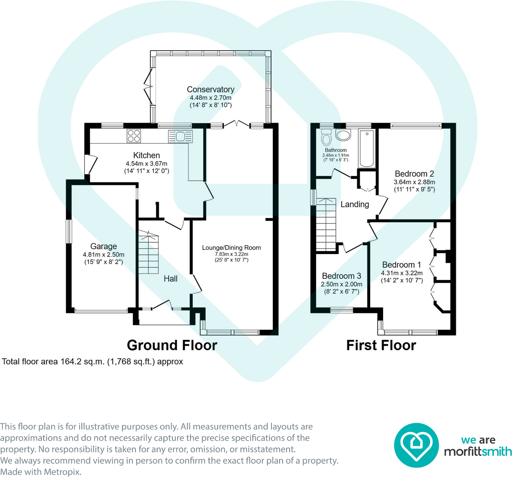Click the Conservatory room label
(210, 89)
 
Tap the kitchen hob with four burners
(134, 136)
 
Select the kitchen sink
(180, 137)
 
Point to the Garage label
(104, 246)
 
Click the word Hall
(171, 279)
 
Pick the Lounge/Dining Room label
(231, 248)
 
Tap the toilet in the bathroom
(326, 137)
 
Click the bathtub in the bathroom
(367, 148)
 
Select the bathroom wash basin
(343, 135)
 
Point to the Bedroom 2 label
(414, 174)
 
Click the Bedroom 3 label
(341, 276)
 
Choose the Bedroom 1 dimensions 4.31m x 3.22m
(402, 273)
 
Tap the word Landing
(355, 204)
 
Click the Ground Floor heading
(172, 345)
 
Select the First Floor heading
(381, 345)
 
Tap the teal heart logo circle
(416, 445)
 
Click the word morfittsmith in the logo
(478, 452)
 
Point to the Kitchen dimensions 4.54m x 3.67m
(147, 164)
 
